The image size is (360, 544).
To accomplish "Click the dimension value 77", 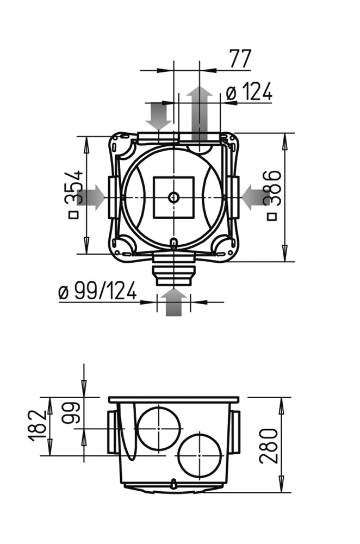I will [x=239, y=59].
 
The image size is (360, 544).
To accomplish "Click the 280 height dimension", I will [x=269, y=445].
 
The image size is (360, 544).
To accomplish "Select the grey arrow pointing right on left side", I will [x=92, y=197].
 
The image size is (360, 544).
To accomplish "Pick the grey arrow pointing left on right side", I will [x=254, y=197].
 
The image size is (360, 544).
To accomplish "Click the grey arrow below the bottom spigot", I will [x=174, y=302].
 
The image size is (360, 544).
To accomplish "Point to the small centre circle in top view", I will [x=173, y=197].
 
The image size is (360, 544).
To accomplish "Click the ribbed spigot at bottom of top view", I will [x=173, y=269].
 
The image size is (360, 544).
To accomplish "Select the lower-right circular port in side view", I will [x=200, y=455].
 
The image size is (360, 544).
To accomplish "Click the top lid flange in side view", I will [x=173, y=400].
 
